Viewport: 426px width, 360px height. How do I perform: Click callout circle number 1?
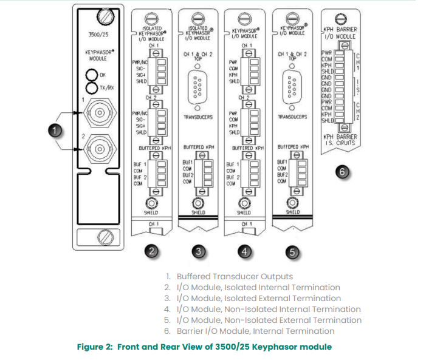(55, 129)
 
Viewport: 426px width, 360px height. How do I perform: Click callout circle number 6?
(342, 172)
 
